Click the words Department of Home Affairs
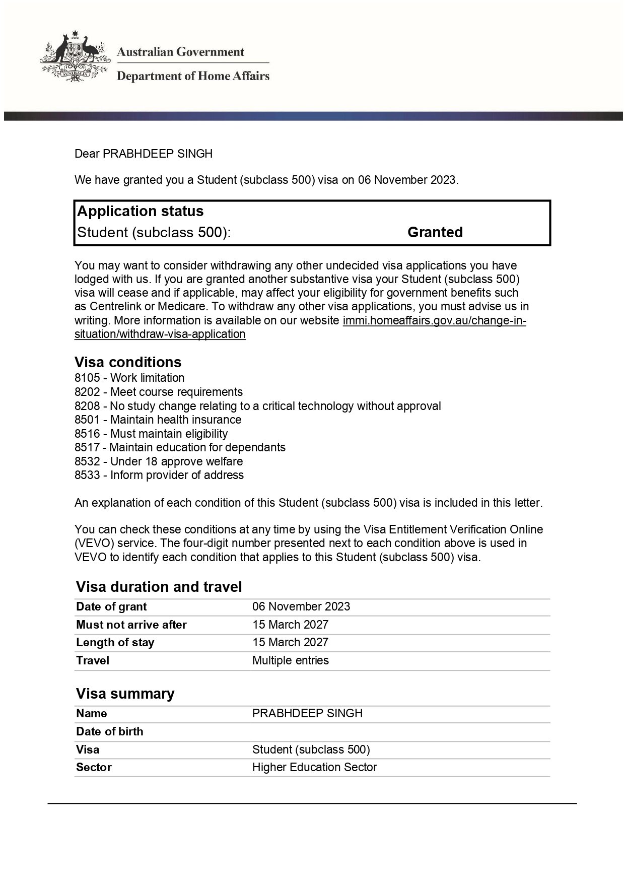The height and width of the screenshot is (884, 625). [193, 76]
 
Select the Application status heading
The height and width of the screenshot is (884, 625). [140, 211]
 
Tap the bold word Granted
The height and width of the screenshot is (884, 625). [435, 232]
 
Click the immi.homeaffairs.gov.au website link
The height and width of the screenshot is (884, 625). [434, 320]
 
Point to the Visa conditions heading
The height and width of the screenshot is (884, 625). [128, 362]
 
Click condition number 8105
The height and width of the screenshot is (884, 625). [87, 378]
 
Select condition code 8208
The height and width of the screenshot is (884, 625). [87, 406]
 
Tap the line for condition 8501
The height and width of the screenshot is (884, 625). [158, 420]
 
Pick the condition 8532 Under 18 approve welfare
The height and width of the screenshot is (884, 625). [159, 461]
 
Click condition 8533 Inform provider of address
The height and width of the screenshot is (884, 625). [159, 475]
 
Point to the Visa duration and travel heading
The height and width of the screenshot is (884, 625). [159, 587]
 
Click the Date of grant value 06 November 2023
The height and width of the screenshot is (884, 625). [301, 606]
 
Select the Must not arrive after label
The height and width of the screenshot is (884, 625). [131, 625]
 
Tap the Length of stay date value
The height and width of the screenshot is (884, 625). [290, 642]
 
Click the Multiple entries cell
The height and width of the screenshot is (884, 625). [290, 660]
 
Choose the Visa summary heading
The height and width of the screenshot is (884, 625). [125, 694]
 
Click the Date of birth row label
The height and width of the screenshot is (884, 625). [109, 731]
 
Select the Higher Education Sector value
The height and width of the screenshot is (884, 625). [314, 767]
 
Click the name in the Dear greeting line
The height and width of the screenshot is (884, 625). [157, 154]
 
